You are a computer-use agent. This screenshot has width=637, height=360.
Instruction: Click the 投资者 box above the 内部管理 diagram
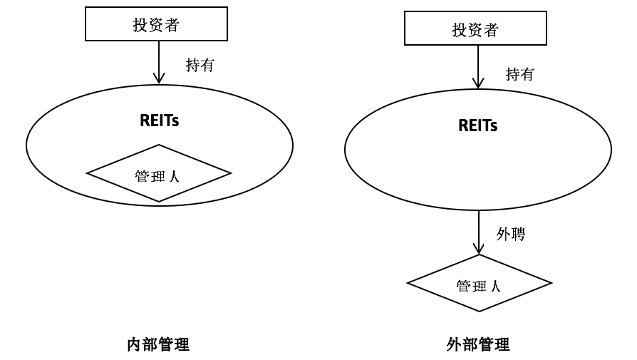click(156, 25)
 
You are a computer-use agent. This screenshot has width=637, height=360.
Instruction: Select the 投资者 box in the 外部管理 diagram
click(475, 29)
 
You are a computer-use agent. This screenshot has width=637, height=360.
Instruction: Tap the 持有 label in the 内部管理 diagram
click(200, 66)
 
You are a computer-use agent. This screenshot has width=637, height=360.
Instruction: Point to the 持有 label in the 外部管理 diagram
click(519, 74)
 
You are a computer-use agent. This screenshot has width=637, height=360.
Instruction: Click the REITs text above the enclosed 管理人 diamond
click(159, 120)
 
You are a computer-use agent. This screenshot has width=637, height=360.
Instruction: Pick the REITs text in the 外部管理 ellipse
click(477, 126)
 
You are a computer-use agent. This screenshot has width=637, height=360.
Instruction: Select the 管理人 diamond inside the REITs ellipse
click(158, 173)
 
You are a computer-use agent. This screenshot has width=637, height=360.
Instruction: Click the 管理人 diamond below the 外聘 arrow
click(479, 283)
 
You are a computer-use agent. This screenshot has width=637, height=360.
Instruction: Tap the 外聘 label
click(510, 234)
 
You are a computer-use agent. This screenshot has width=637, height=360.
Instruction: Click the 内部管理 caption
click(158, 345)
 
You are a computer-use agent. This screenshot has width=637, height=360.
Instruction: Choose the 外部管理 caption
click(478, 345)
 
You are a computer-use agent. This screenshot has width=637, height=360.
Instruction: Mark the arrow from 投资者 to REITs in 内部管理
click(159, 61)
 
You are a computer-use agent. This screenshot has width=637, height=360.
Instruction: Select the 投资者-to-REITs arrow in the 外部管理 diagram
click(478, 67)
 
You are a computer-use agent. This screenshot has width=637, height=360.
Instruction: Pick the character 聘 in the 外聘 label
click(518, 234)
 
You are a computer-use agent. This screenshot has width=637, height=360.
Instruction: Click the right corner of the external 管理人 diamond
click(550, 283)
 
